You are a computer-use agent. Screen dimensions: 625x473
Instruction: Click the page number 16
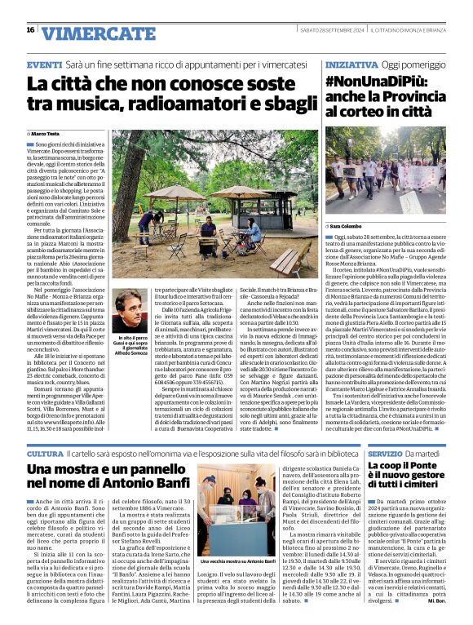(30, 30)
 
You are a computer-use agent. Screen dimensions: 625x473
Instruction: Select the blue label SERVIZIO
(351, 453)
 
